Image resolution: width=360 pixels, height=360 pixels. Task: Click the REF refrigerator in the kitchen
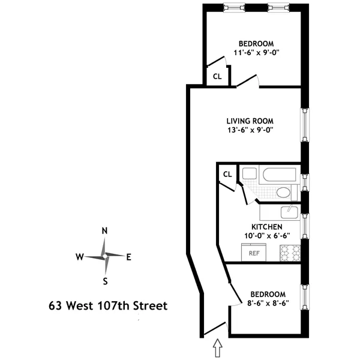(x=254, y=253)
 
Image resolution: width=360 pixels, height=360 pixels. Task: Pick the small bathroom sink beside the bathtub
(x=248, y=174)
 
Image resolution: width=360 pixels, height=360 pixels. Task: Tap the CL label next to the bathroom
(x=227, y=174)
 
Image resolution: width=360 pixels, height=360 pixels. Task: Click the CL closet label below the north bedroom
(x=217, y=77)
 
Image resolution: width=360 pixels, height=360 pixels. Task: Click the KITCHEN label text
(x=266, y=227)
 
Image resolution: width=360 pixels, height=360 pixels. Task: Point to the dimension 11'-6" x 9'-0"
(x=257, y=53)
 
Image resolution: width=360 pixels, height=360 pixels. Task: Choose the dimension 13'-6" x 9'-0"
(x=250, y=129)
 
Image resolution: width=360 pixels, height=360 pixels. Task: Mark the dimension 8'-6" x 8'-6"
(x=268, y=304)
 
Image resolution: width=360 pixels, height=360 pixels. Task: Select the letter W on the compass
(x=79, y=257)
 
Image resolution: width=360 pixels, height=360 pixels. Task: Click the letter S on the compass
(x=105, y=281)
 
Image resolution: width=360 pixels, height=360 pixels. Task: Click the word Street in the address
(x=149, y=306)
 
